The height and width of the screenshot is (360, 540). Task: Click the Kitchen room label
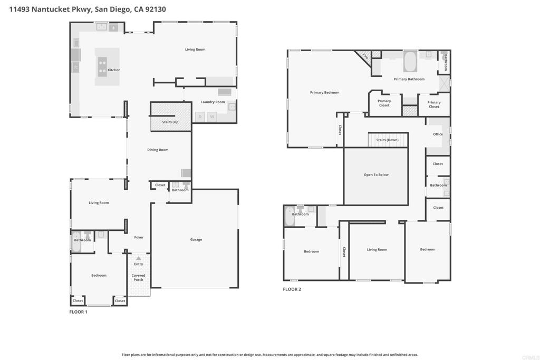click(114, 70)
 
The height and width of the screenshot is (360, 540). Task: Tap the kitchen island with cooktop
click(102, 67)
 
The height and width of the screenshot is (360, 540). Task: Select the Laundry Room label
click(213, 102)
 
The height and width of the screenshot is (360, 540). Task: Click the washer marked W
click(212, 116)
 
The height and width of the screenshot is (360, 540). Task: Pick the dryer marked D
click(200, 116)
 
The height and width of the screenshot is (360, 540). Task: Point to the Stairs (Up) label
click(170, 122)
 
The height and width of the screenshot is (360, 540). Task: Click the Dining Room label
click(158, 150)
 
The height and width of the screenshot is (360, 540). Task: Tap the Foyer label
click(139, 238)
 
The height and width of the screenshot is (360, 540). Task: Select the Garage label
click(196, 240)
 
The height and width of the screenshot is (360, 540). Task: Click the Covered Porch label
click(138, 278)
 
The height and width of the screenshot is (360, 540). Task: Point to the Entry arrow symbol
click(138, 258)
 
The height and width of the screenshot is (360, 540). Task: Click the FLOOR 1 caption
click(79, 312)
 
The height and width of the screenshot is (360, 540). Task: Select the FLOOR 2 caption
click(292, 289)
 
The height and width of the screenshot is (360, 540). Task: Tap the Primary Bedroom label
click(324, 93)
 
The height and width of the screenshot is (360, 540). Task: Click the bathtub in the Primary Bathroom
click(410, 62)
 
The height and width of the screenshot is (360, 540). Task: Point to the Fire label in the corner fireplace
click(364, 56)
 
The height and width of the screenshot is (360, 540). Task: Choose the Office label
click(438, 134)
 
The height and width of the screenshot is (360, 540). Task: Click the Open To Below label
click(376, 175)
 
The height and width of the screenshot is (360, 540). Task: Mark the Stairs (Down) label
click(388, 140)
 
